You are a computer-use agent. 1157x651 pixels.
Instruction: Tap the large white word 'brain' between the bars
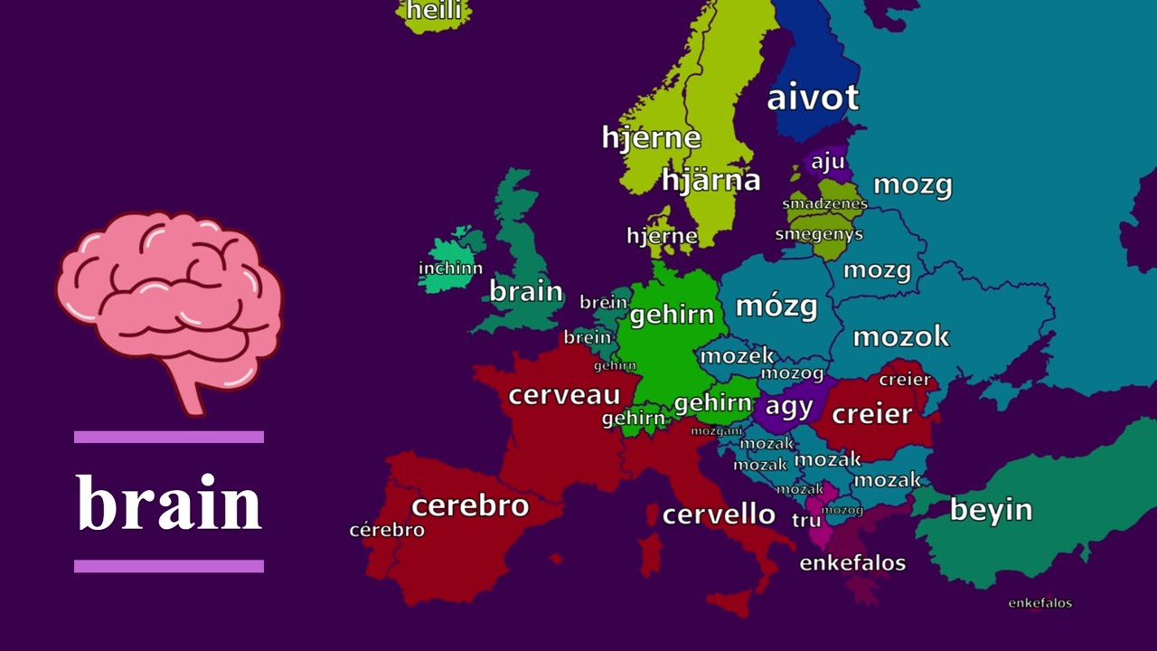tap(169, 503)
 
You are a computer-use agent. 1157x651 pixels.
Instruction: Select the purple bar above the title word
tap(169, 437)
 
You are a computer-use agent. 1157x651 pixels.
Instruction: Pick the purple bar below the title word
tap(169, 566)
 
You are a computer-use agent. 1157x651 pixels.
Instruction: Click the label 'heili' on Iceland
tap(435, 11)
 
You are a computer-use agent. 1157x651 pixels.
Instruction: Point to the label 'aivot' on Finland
tap(813, 98)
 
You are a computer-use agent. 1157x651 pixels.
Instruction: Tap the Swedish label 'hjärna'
tap(710, 180)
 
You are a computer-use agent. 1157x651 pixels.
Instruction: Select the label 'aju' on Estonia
tap(827, 162)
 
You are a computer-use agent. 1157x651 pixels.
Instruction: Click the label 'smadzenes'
tap(824, 203)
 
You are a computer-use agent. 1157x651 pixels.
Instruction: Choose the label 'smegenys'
tap(819, 234)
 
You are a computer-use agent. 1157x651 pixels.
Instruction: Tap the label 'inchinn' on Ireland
tap(450, 269)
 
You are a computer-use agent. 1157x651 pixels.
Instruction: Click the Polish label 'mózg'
tap(776, 306)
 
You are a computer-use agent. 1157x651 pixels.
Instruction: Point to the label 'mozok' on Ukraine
tap(901, 336)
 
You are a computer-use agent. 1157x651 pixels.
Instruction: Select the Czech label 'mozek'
tap(737, 356)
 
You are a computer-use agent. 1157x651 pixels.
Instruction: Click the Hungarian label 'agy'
tap(789, 406)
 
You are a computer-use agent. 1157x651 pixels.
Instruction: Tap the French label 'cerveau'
tap(564, 395)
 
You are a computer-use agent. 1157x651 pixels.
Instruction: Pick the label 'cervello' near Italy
tap(719, 514)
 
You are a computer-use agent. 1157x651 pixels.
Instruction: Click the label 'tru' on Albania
tap(806, 520)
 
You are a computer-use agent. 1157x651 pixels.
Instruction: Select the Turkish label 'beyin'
tap(991, 510)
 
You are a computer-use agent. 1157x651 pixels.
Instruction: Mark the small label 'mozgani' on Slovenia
tap(717, 431)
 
